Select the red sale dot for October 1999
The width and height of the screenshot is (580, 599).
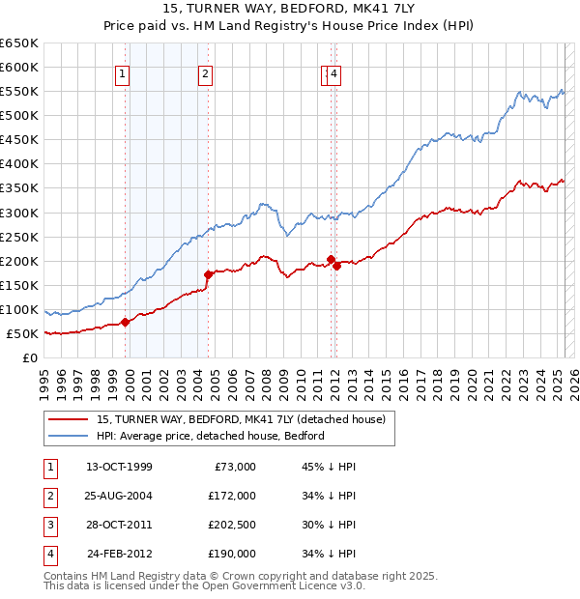pos(126,322)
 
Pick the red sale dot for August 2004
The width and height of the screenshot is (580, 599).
pos(208,274)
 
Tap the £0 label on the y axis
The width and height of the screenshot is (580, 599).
pos(29,358)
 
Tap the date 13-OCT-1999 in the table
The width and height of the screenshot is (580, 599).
pos(119,467)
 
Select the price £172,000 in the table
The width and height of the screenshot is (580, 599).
pos(232,496)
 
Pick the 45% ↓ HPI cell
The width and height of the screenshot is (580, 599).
pos(329,467)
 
